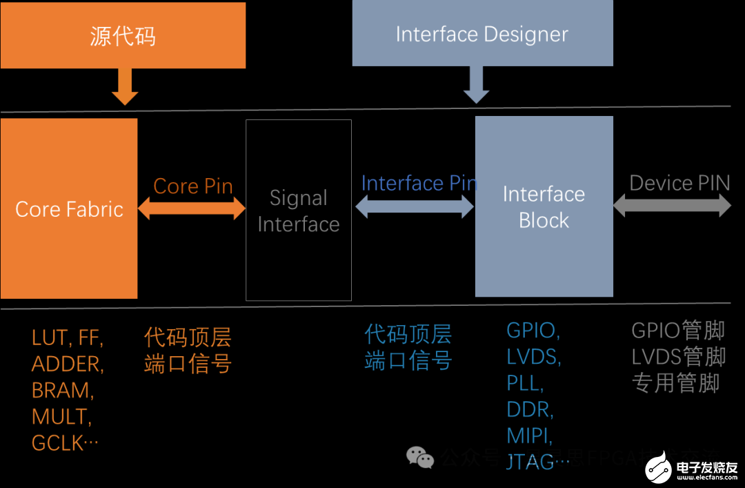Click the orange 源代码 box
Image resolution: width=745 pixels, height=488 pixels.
click(x=123, y=35)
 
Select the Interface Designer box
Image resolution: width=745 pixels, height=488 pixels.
click(x=482, y=33)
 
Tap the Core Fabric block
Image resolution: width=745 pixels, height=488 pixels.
click(x=69, y=208)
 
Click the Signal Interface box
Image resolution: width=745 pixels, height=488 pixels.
click(x=298, y=211)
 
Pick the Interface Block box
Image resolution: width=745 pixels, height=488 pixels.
click(x=544, y=206)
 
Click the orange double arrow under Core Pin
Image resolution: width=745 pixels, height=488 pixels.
click(x=192, y=208)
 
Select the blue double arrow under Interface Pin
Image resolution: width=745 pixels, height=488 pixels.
click(x=415, y=206)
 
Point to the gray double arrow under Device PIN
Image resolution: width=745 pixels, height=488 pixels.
click(x=672, y=205)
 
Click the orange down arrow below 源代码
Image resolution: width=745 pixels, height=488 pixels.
click(x=125, y=86)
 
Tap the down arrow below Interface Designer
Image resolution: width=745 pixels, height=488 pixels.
click(x=476, y=84)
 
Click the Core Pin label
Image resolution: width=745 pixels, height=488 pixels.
click(x=192, y=186)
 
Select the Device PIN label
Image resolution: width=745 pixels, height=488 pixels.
click(x=679, y=183)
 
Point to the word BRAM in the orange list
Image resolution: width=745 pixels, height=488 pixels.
click(x=62, y=390)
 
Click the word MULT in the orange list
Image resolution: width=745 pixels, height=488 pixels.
click(x=61, y=416)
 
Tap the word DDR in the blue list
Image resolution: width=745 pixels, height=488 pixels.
click(x=530, y=409)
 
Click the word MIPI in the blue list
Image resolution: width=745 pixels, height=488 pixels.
click(x=529, y=436)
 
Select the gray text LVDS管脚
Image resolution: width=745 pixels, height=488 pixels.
click(x=678, y=356)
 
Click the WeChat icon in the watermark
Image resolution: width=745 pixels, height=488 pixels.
click(x=419, y=456)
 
